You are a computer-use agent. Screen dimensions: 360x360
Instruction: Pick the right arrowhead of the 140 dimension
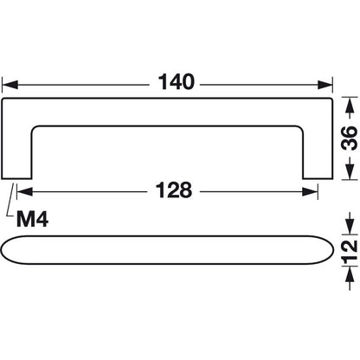pyautogui.click(x=328, y=85)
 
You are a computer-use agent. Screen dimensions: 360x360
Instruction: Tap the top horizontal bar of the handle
pyautogui.click(x=167, y=112)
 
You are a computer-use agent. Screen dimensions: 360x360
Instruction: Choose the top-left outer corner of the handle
pyautogui.click(x=4, y=101)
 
